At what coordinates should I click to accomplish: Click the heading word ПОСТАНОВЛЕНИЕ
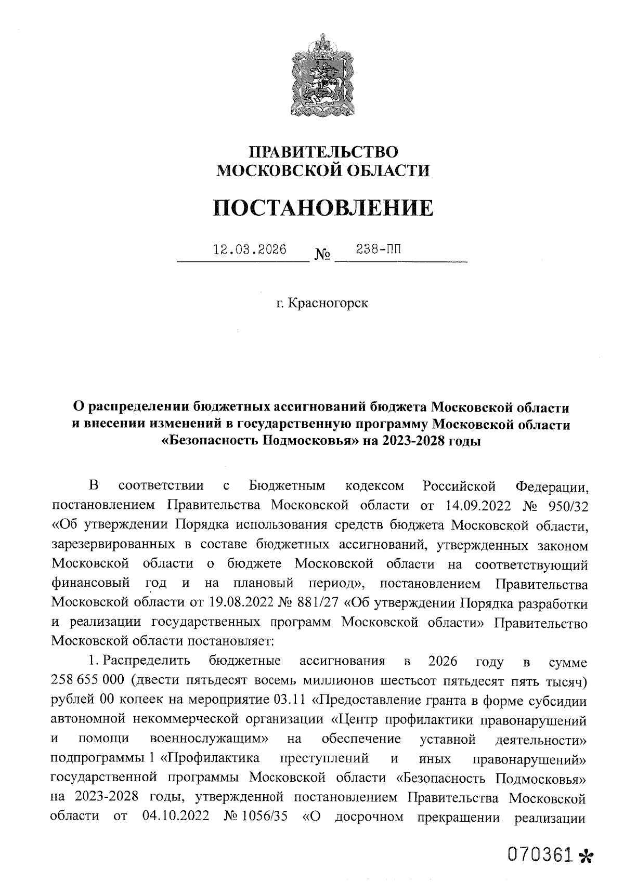[x=323, y=208]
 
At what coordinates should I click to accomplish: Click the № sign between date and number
[x=323, y=255]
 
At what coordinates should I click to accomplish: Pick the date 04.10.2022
[x=175, y=817]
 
